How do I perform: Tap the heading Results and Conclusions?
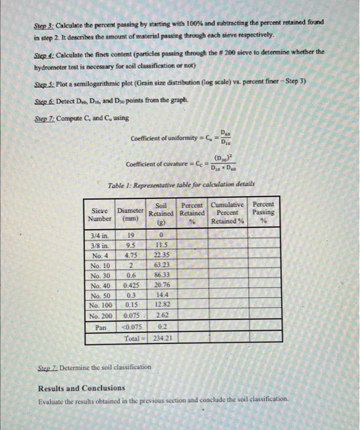tap(80, 389)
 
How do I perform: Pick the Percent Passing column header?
tap(264, 213)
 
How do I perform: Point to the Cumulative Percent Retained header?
tap(227, 213)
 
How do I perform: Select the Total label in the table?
tap(133, 337)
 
